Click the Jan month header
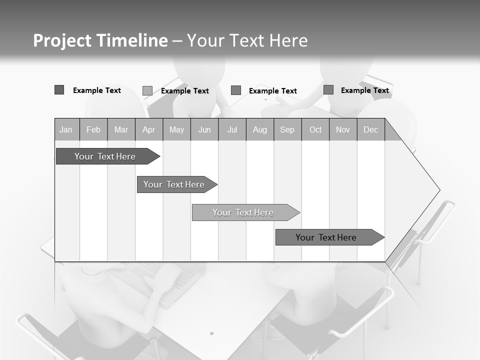pos(66,130)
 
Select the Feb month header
pos(93,130)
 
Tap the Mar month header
pos(121,130)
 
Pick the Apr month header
pos(149,130)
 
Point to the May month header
pos(176,130)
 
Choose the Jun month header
pos(204,130)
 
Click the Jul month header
pos(232,130)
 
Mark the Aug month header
pos(260,130)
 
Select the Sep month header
pos(287,130)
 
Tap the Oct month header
pos(315,130)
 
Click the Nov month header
pos(343,130)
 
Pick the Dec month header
pos(371,130)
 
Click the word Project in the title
pos(61,40)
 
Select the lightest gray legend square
pos(147,90)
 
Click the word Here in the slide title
pos(288,40)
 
